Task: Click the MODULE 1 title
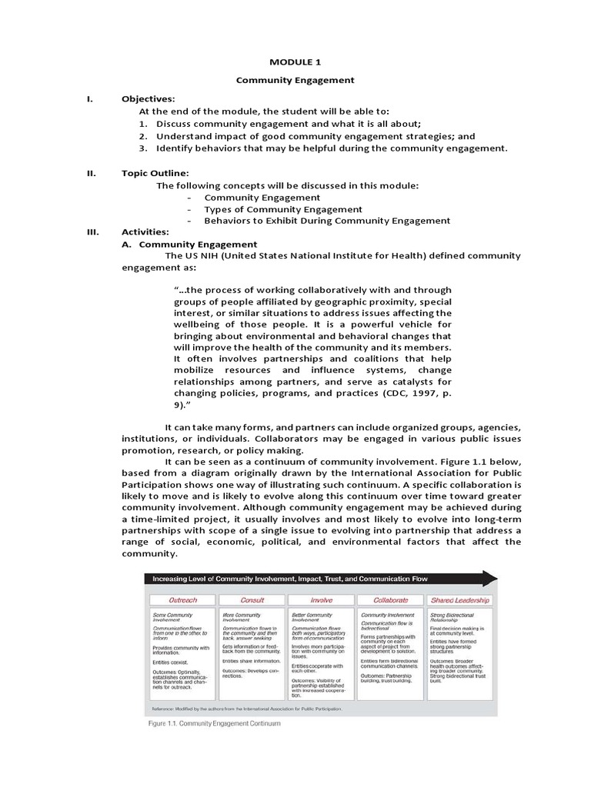tap(295, 61)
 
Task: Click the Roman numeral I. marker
tap(89, 99)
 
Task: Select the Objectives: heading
tap(149, 99)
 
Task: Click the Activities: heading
tap(145, 232)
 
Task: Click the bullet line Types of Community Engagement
tap(282, 209)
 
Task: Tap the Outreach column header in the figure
tap(182, 599)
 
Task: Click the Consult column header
tap(252, 599)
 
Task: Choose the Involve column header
tap(321, 599)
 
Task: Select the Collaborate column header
tap(390, 599)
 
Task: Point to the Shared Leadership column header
tap(460, 599)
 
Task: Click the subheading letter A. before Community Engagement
tap(129, 244)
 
